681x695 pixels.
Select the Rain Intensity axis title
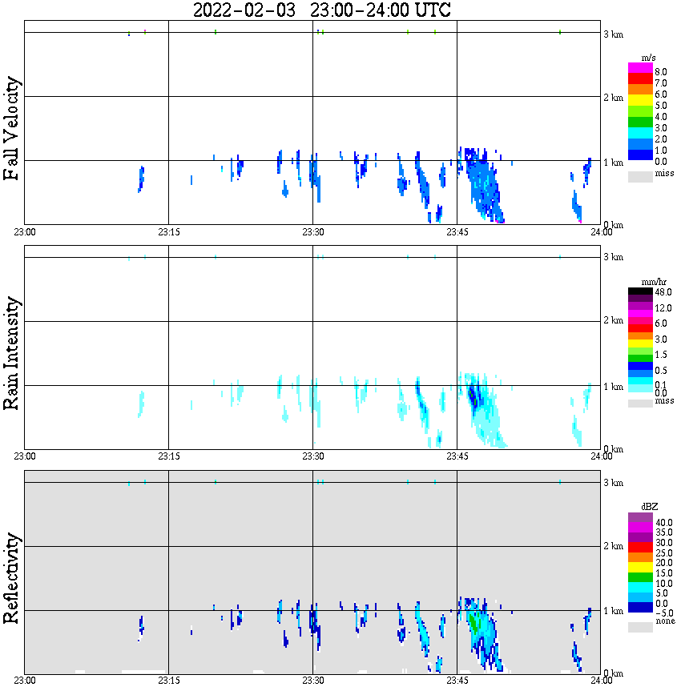pyautogui.click(x=12, y=353)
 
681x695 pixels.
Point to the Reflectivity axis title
pyautogui.click(x=12, y=580)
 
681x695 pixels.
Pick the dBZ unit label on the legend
pyautogui.click(x=649, y=507)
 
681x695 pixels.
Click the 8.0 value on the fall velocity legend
pyautogui.click(x=661, y=72)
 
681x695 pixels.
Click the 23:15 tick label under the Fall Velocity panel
pyautogui.click(x=168, y=231)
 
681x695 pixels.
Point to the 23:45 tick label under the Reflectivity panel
pyautogui.click(x=457, y=681)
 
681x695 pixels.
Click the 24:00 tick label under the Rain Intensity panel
pyautogui.click(x=601, y=456)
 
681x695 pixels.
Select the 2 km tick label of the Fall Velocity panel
pyautogui.click(x=612, y=98)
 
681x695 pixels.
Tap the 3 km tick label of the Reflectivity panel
pyautogui.click(x=612, y=483)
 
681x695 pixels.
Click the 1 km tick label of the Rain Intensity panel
pyautogui.click(x=612, y=387)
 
